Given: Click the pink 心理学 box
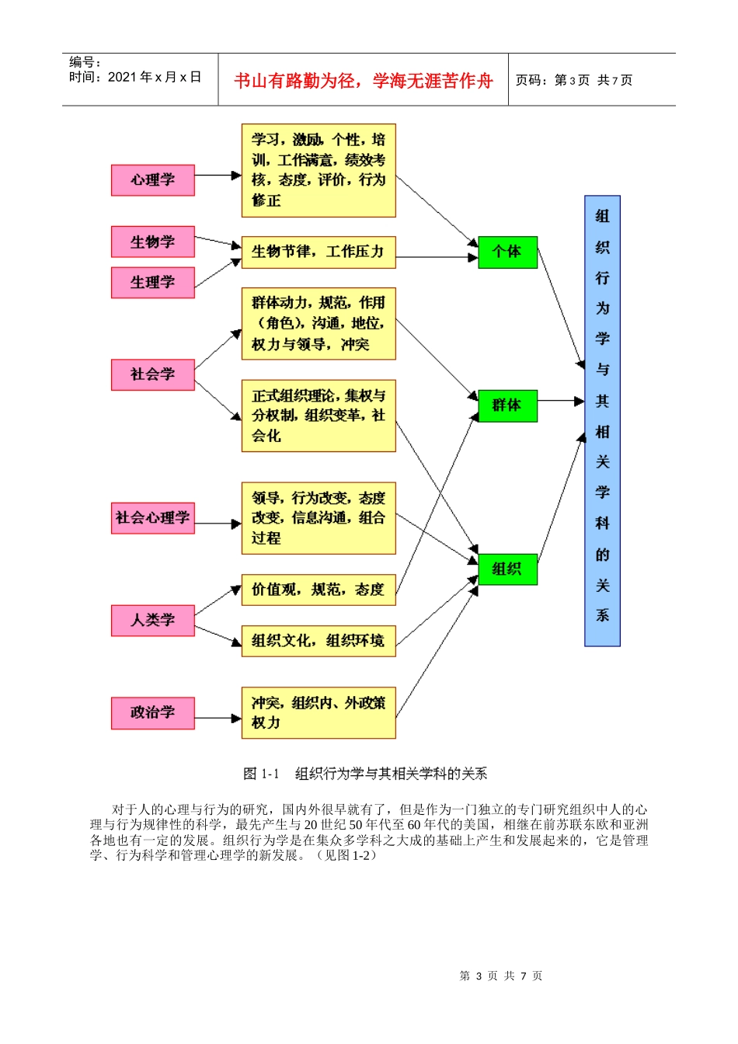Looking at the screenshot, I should coord(152,180).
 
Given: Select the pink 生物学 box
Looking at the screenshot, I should coord(152,242).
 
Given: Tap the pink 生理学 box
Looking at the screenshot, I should coord(152,283).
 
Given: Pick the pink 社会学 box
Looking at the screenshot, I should coord(152,374).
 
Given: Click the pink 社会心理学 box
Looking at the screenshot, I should coord(152,518).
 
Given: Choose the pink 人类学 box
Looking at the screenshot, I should coord(152,621).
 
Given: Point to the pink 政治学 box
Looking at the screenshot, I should coord(152,713).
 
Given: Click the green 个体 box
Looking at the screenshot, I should coord(507,252).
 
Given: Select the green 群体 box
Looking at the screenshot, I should coord(507,405).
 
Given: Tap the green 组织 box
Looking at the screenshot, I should coord(507,569).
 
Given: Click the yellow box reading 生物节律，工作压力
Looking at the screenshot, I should coord(318,252).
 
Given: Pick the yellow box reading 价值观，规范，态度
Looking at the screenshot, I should coord(318,590).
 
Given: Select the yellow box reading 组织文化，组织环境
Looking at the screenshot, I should coord(318,641).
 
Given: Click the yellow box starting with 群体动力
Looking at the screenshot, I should coord(318,324).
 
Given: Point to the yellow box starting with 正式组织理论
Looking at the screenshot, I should coord(318,416).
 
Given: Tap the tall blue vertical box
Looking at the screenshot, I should coord(602,420).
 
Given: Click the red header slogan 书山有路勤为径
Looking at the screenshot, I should coord(363,81).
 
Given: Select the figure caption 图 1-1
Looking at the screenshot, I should coord(364,774).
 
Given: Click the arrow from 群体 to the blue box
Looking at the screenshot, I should coord(561,402).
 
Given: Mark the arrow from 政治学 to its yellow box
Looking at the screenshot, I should coord(218,718).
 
